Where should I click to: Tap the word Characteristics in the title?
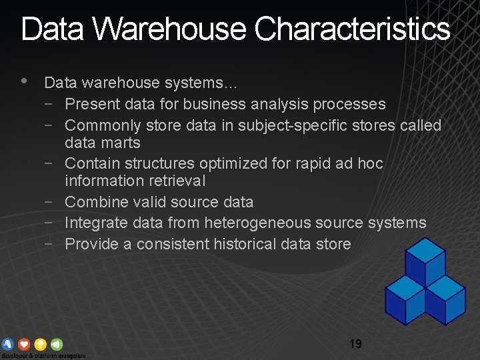tap(353, 29)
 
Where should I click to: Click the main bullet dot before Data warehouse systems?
tap(25, 81)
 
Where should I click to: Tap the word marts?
tap(121, 143)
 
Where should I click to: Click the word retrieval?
tap(176, 181)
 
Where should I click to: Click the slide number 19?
tap(355, 344)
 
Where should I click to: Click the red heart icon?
tap(24, 345)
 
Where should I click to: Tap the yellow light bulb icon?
tap(40, 345)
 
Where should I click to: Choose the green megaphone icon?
tap(57, 345)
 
